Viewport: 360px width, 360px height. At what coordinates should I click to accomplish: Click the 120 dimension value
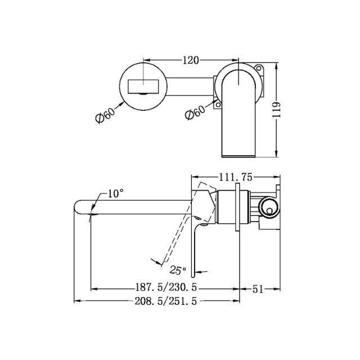(x=191, y=58)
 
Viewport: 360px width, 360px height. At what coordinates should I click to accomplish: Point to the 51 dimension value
(x=258, y=289)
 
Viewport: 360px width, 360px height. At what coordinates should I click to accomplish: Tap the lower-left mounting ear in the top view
(x=218, y=103)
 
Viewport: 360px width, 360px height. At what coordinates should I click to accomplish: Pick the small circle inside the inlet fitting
(x=270, y=211)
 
